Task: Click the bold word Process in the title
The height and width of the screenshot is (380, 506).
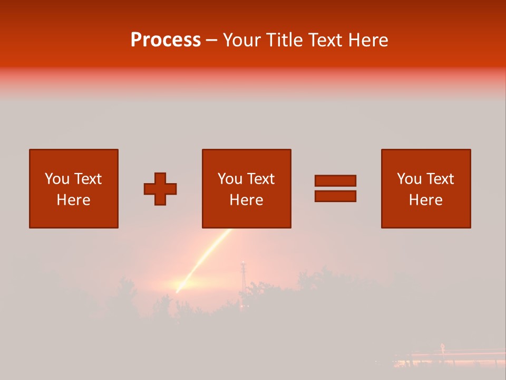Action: (166, 40)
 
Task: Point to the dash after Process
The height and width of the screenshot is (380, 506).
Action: (211, 41)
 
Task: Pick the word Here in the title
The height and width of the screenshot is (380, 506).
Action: (371, 40)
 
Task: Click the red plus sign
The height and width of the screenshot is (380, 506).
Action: (160, 189)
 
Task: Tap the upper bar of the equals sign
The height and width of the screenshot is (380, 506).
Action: (335, 180)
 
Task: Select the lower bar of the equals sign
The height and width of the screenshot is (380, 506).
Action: (335, 196)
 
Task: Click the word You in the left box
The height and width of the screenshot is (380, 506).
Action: (57, 179)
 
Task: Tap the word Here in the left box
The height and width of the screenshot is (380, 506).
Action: (73, 200)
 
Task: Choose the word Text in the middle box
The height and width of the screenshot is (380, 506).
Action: (260, 179)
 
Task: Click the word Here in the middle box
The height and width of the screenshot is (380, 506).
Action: (246, 200)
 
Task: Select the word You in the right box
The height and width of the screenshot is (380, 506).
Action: (410, 179)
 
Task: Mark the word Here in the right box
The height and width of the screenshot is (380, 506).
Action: (425, 200)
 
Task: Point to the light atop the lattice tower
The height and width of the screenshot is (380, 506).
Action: (243, 262)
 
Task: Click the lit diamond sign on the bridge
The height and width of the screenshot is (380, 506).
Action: (442, 347)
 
